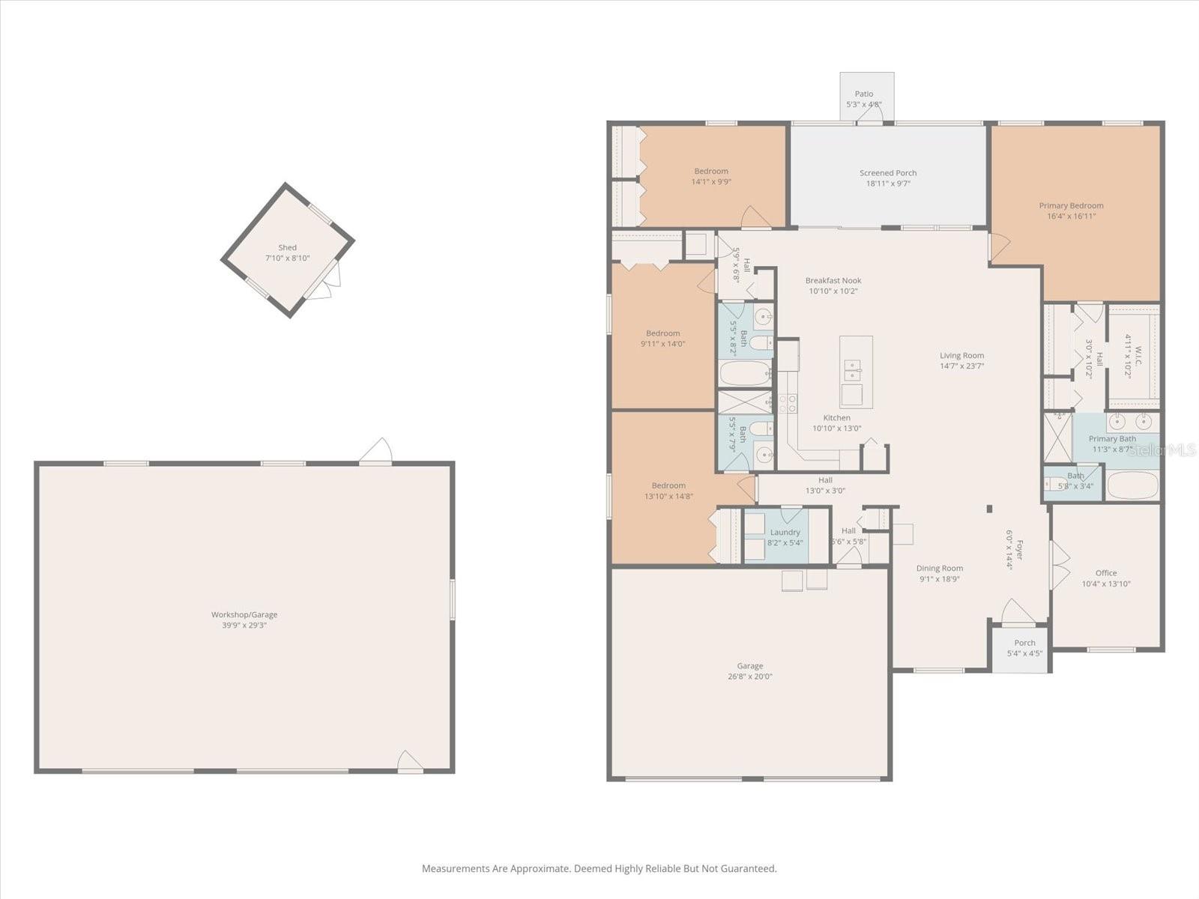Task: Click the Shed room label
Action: (287, 247)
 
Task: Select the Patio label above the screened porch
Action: (864, 94)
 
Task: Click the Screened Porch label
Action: (888, 173)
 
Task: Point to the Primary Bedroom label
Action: (1071, 205)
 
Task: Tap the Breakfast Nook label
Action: (833, 280)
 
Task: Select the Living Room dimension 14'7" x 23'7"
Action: (962, 366)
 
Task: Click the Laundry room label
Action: (785, 532)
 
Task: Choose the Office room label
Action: (1106, 573)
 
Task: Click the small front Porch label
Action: (1024, 643)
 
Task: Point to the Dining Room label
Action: (940, 568)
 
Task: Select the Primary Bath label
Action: (1112, 439)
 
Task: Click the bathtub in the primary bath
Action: (1132, 485)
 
